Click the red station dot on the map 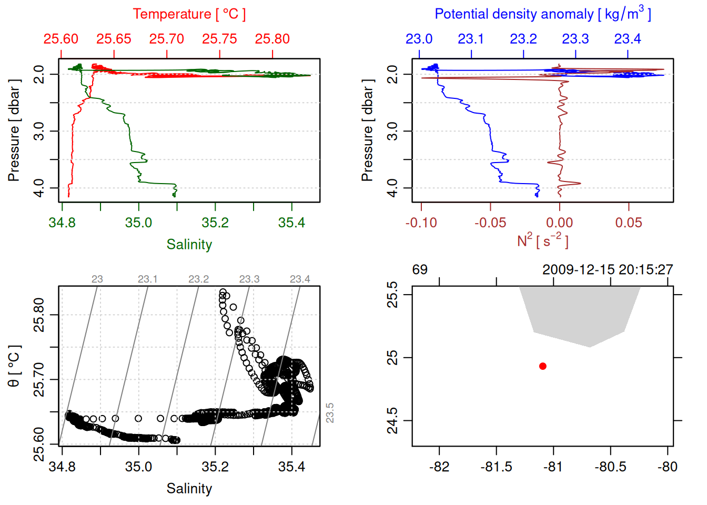542,366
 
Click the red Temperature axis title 189,14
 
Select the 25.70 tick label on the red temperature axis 167,39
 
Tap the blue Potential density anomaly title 542,14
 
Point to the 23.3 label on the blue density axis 575,39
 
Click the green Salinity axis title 189,245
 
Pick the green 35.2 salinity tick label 215,223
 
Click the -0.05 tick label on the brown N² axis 490,223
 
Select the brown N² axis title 542,240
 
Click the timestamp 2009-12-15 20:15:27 608,270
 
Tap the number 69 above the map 420,270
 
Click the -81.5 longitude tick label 496,467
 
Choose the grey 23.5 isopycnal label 330,413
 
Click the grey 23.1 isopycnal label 148,279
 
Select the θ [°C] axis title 14,366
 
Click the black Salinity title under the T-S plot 189,489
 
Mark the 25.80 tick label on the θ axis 39,315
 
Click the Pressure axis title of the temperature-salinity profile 14,130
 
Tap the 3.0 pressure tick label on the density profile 392,131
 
